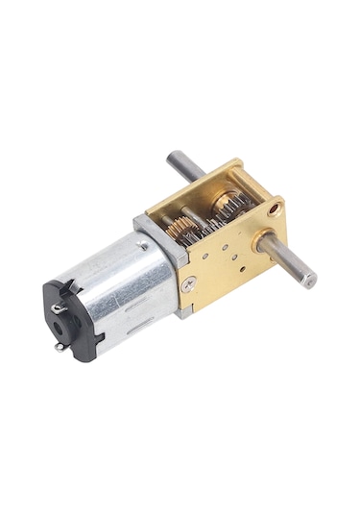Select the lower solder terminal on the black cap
pyautogui.click(x=61, y=347)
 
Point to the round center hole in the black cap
pyautogui.click(x=62, y=327)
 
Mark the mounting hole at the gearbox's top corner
pyautogui.click(x=276, y=207)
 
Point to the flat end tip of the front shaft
pyautogui.click(x=308, y=281)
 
